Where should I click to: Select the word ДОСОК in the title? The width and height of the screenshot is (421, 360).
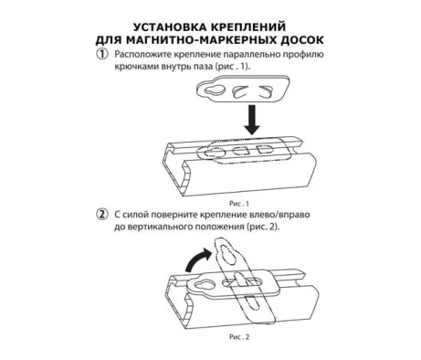[x=300, y=40]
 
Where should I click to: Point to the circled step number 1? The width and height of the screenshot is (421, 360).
[x=102, y=54]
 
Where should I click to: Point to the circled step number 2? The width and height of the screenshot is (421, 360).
[x=102, y=214]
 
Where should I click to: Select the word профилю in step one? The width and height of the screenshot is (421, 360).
[x=303, y=55]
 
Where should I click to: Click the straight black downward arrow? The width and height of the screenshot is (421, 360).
[x=252, y=120]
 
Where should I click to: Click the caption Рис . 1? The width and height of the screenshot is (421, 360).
[x=238, y=204]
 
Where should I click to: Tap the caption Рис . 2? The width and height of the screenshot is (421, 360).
[x=239, y=337]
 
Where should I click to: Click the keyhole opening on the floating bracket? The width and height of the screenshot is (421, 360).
[x=215, y=90]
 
